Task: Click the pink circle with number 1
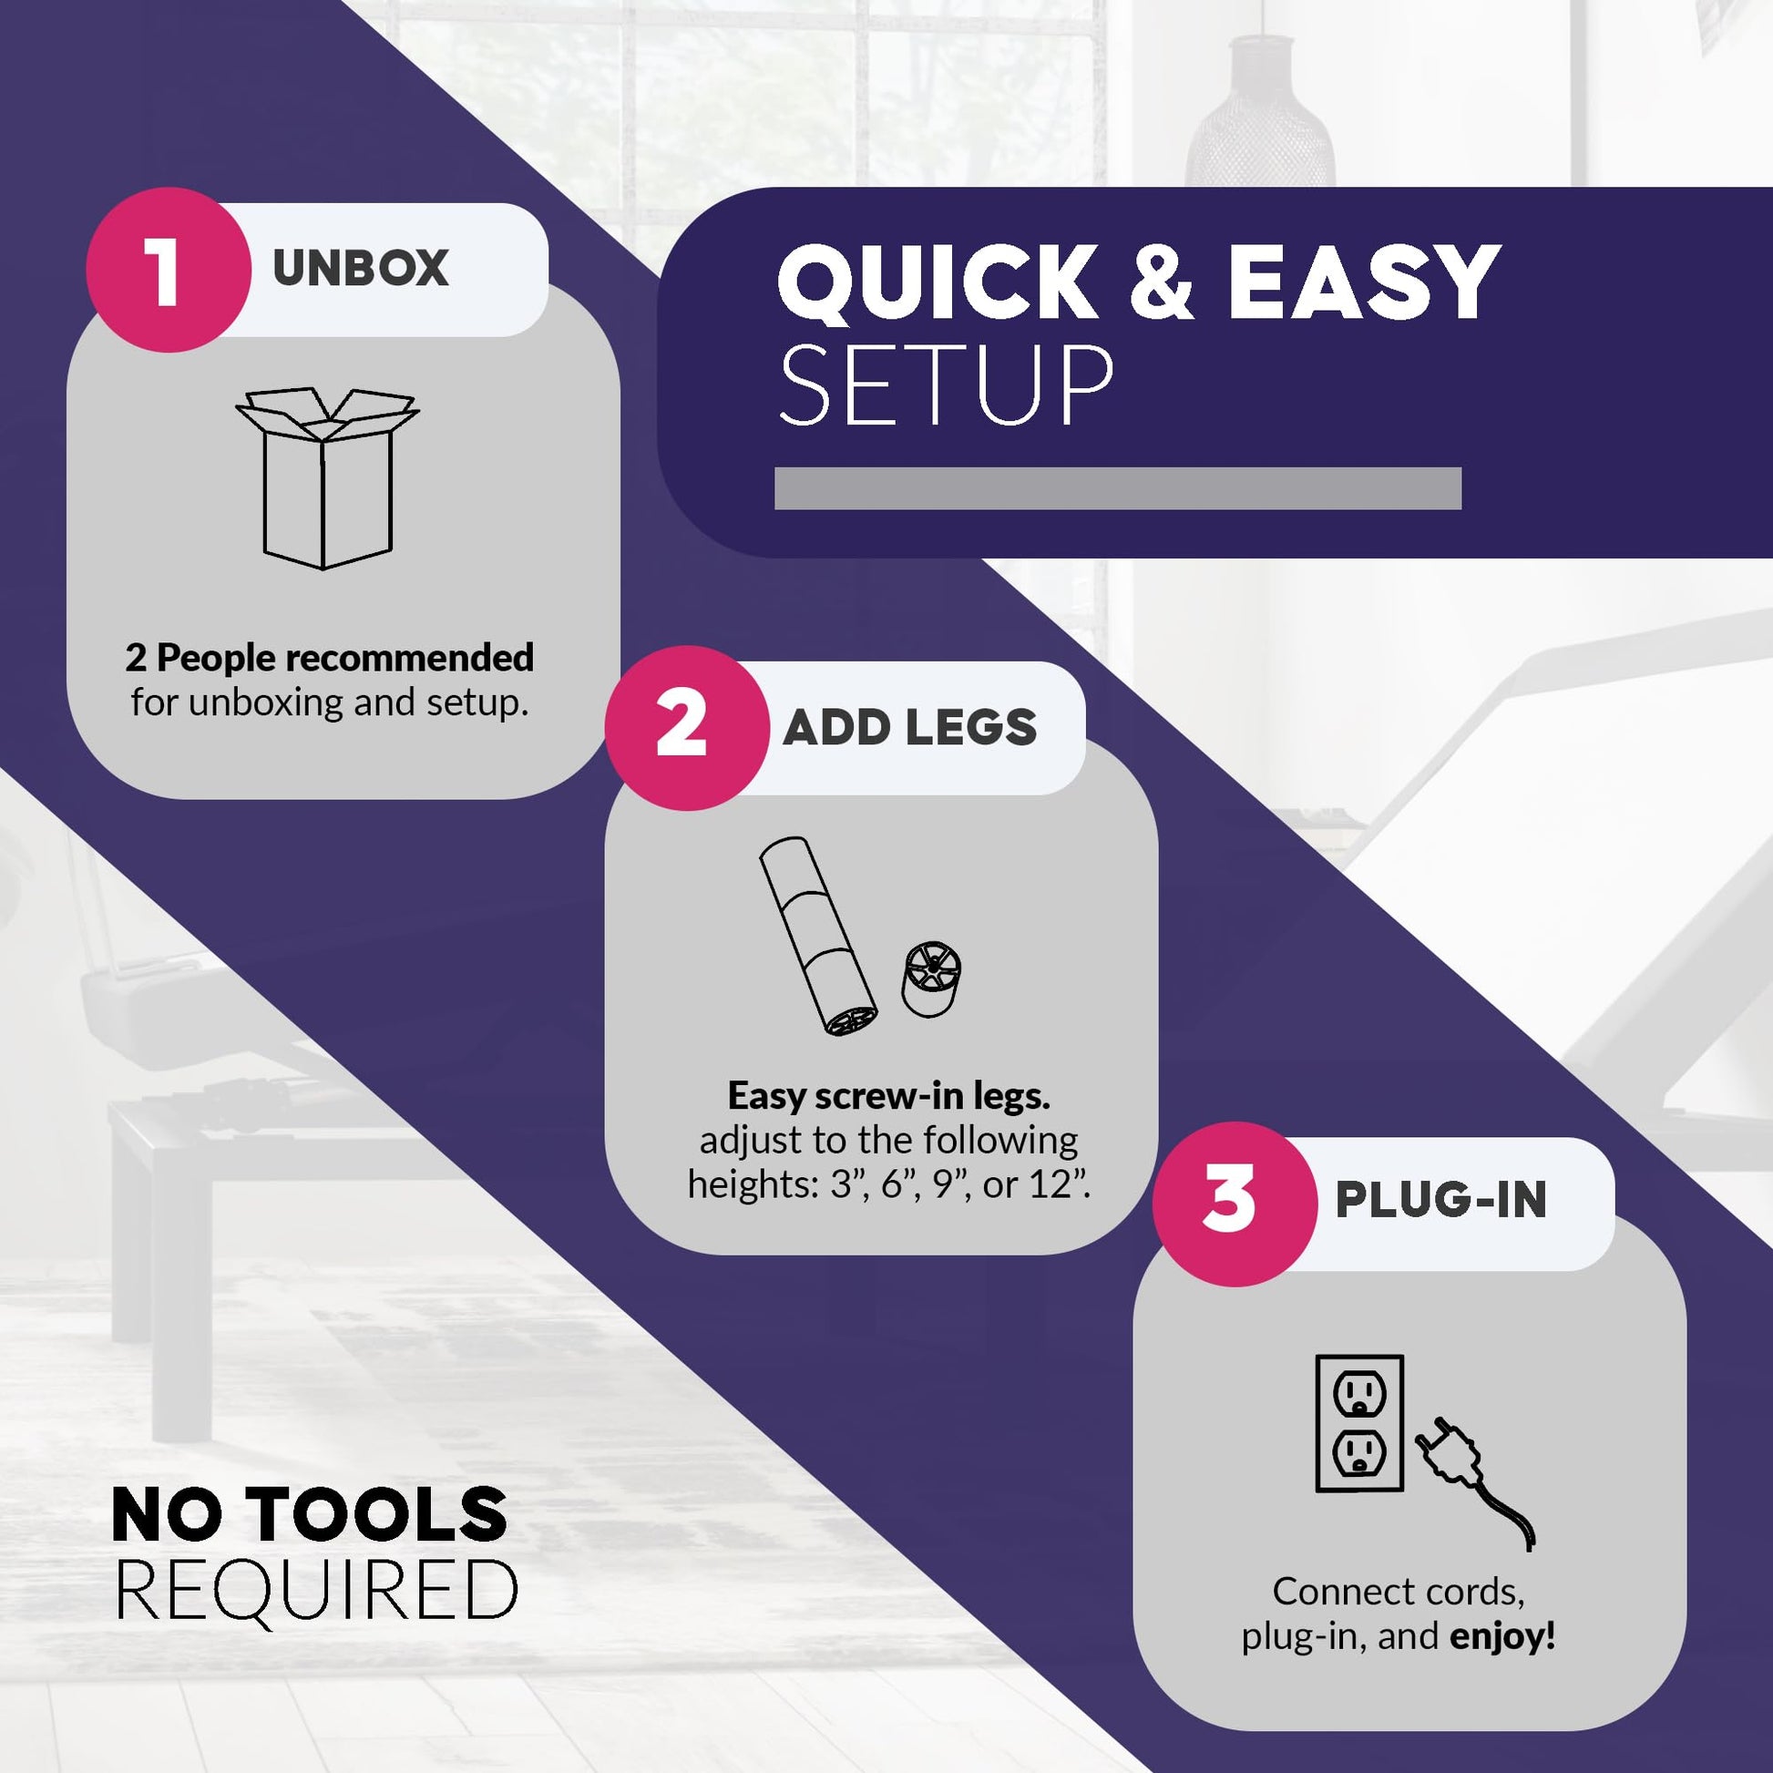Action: coord(168,270)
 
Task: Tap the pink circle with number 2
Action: coord(686,728)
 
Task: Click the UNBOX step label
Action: coord(360,268)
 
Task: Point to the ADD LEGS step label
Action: coord(909,728)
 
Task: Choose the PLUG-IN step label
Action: coord(1440,1199)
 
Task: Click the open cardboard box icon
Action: coord(327,478)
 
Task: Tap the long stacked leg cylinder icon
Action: coord(817,936)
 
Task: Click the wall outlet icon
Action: coord(1359,1423)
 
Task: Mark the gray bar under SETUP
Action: coord(1118,488)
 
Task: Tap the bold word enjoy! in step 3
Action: coord(1502,1636)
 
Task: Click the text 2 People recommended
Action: coord(330,658)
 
